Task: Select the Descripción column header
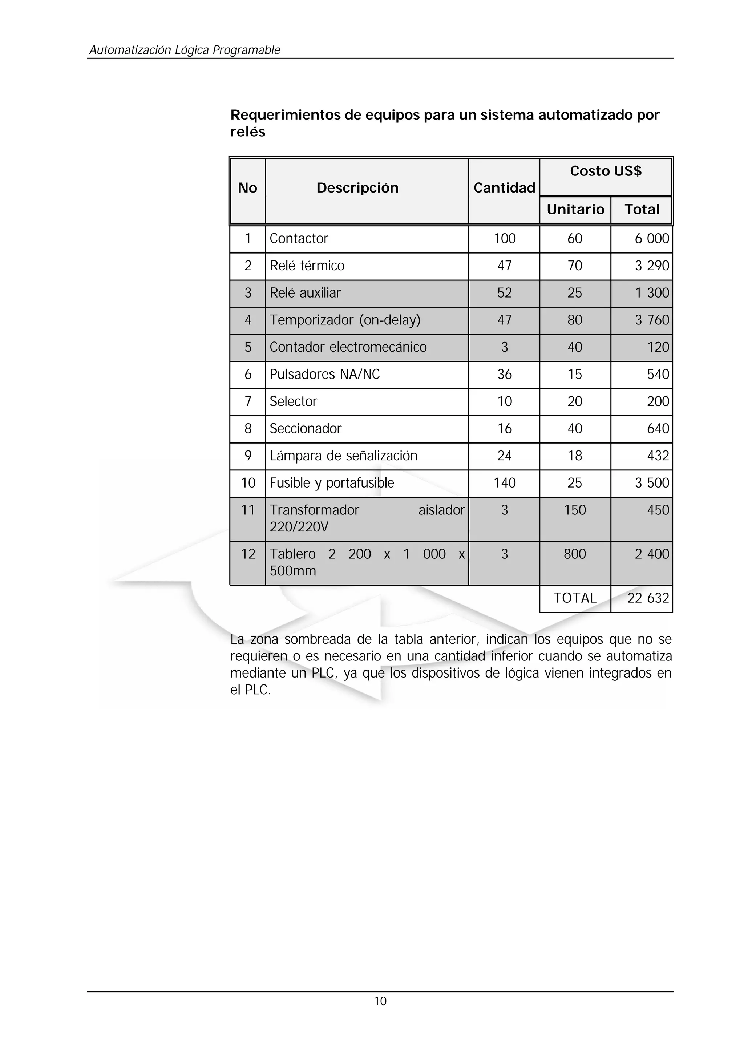357,188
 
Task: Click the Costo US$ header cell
605,171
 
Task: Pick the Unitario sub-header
575,209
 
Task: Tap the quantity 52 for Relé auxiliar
504,293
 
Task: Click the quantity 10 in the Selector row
504,401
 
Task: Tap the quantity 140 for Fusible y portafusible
504,483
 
